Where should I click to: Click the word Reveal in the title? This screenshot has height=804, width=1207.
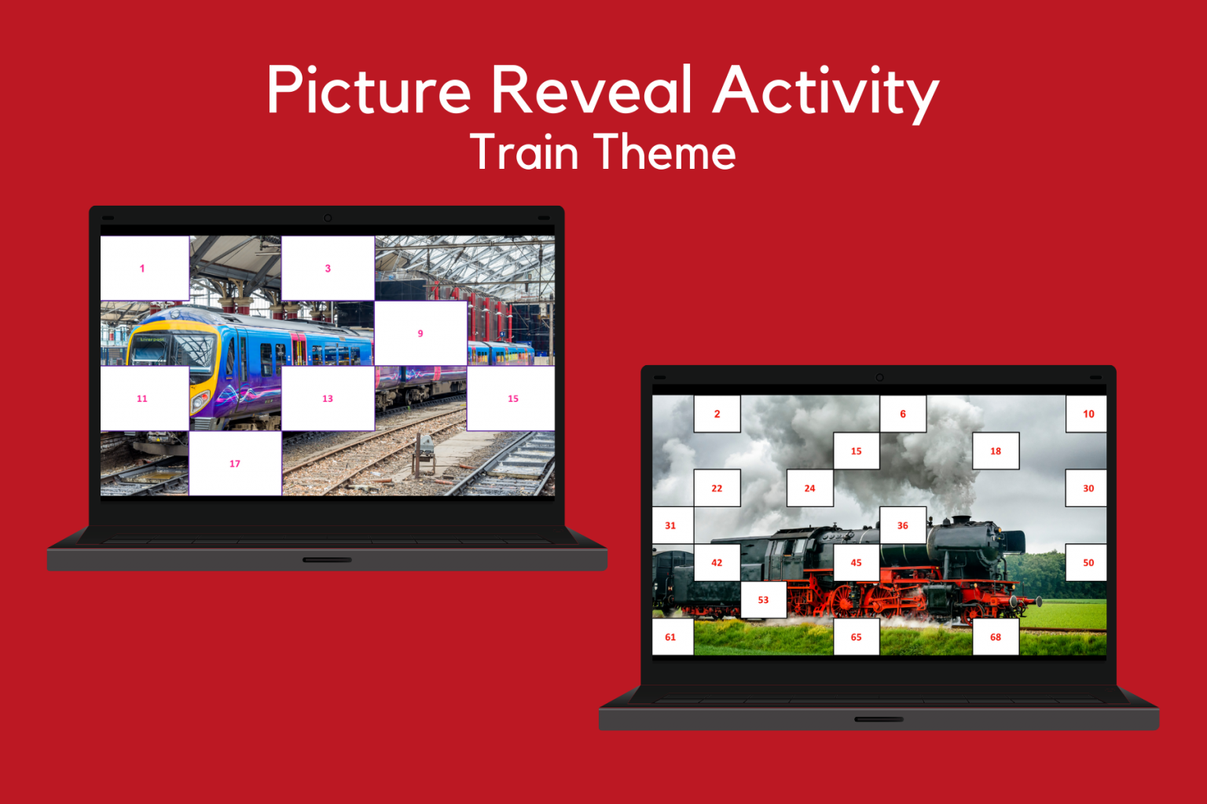(591, 90)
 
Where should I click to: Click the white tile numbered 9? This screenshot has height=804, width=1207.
(420, 334)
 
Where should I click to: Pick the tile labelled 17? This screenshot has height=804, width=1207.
(235, 463)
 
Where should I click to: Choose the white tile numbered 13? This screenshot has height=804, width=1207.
(328, 399)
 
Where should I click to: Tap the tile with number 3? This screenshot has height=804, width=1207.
(328, 269)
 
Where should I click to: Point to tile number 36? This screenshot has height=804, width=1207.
(903, 525)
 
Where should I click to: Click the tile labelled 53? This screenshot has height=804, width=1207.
(763, 600)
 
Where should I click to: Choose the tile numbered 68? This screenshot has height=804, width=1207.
(996, 637)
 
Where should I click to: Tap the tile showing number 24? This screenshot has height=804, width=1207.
(809, 488)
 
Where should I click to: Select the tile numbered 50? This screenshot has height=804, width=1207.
(1087, 562)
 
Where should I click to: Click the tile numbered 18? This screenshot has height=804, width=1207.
(996, 451)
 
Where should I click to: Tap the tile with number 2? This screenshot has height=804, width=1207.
(717, 414)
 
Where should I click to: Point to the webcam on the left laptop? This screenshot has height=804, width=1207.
(328, 217)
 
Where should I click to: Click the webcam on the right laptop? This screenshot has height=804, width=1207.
(879, 377)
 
